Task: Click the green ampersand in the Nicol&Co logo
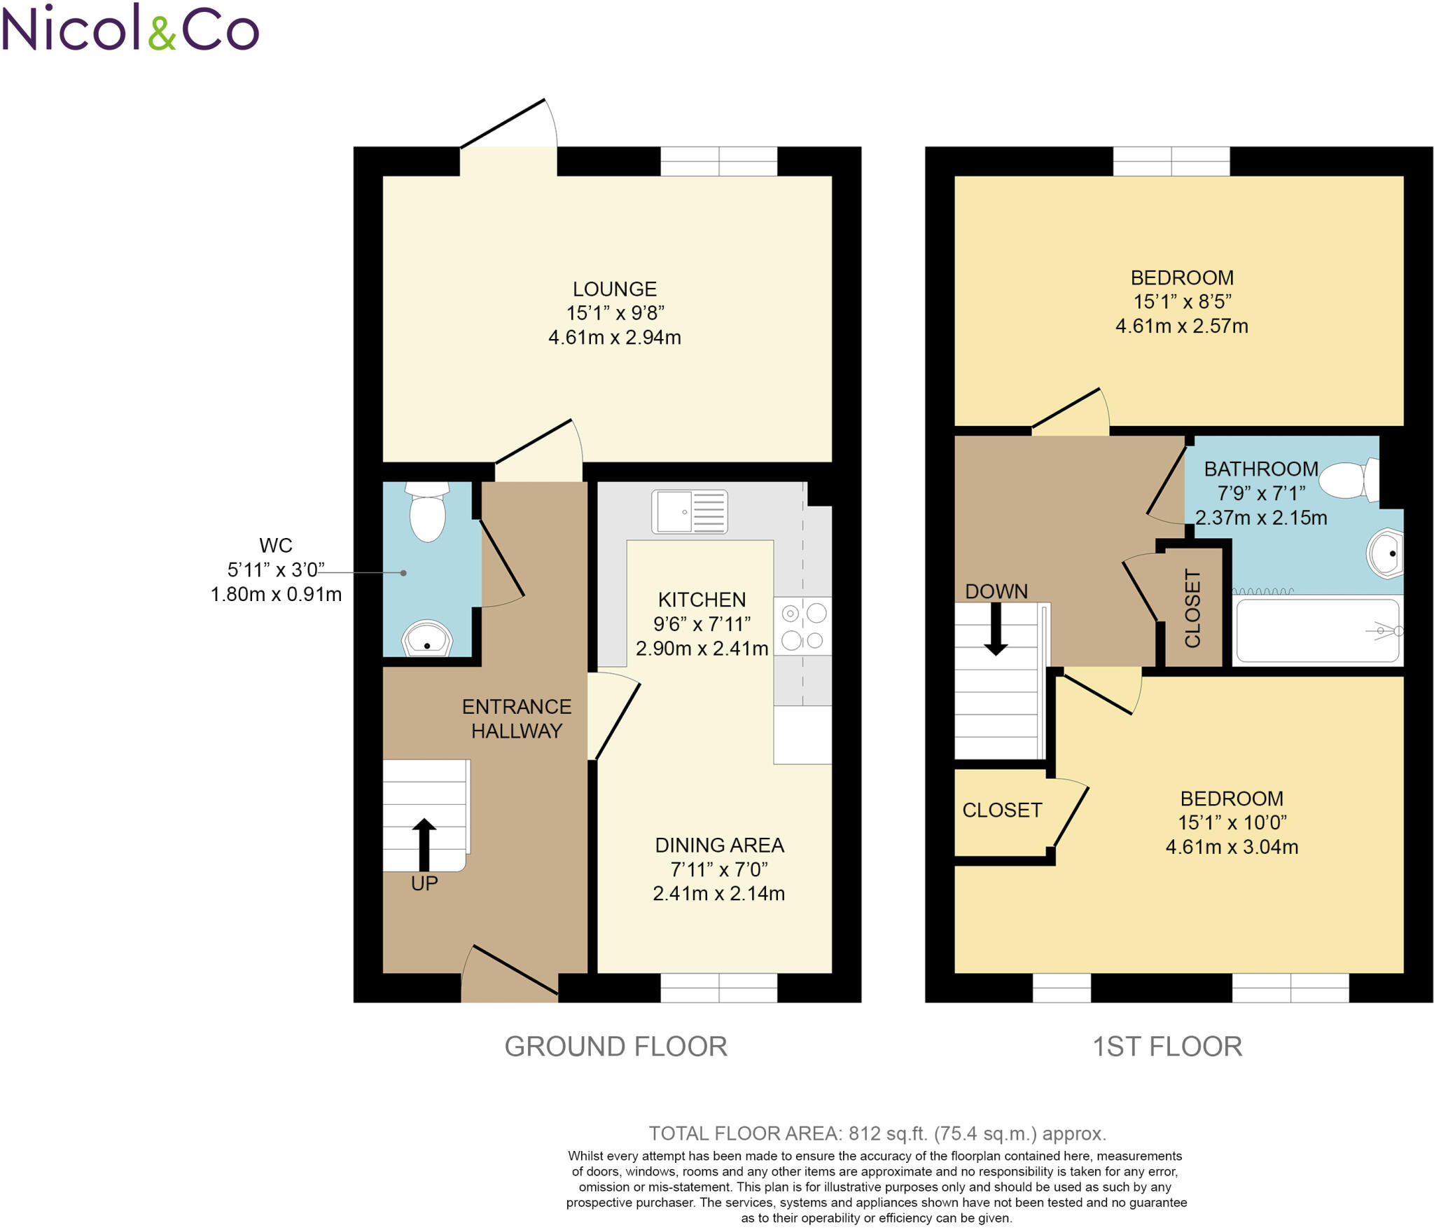coord(162,34)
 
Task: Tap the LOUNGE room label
coord(614,289)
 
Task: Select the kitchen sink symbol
coord(689,512)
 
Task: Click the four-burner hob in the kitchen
coord(802,626)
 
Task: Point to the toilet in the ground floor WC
coord(427,513)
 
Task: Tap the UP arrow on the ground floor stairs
coord(424,843)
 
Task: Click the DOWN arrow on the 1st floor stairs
coord(995,628)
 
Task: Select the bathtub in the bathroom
coord(1317,630)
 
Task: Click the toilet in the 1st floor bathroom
coord(1350,480)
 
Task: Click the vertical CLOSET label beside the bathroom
coord(1192,608)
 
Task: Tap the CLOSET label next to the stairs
coord(1002,810)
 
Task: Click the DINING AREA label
coord(719,846)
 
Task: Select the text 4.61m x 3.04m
coord(1232,847)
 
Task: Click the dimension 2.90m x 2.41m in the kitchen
coord(702,649)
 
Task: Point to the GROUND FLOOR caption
coord(615,1047)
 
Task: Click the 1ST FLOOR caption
coord(1167,1047)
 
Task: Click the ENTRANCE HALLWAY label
coord(517,719)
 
